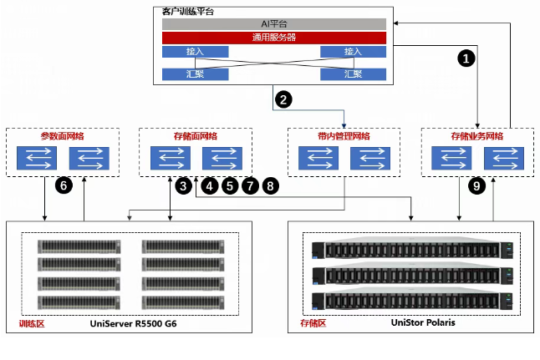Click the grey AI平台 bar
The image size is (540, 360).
pos(273,23)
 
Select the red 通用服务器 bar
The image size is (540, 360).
pos(273,38)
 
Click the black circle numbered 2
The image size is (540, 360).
pos(284,100)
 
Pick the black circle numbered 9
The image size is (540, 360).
pos(477,186)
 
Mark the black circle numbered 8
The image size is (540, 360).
pos(270,186)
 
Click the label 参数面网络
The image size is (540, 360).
pos(63,135)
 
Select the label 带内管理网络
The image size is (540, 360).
pos(344,135)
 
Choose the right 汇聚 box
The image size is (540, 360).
pos(353,74)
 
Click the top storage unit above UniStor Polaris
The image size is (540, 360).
pos(410,250)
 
